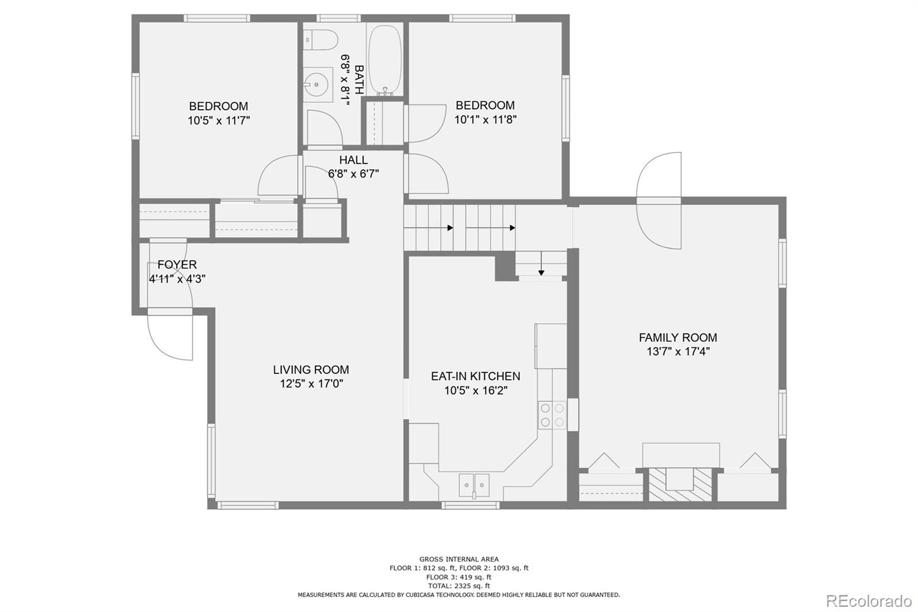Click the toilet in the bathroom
point(322,40)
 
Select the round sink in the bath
point(316,85)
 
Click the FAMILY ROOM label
point(678,338)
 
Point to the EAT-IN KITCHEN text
point(476,376)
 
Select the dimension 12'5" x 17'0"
point(312,384)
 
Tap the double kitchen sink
point(474,485)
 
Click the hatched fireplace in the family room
point(681,486)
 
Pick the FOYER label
point(177,265)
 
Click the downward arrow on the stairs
point(540,265)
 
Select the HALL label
point(353,160)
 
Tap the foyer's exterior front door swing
point(170,336)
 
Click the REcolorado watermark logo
point(868,601)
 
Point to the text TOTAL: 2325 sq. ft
point(458,586)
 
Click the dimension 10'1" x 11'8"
point(485,120)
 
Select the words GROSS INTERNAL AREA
point(458,559)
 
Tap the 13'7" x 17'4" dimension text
point(678,352)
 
